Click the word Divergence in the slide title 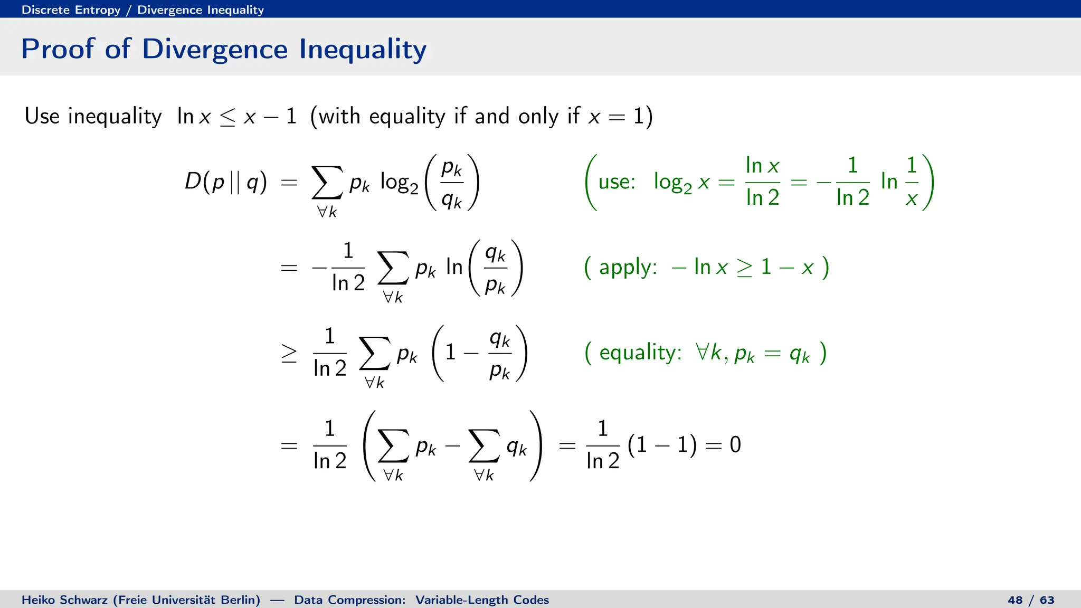(215, 49)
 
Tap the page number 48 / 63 (1031, 600)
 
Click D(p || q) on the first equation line (226, 182)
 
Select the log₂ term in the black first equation (399, 183)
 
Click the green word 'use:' (617, 182)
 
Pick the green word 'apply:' (628, 268)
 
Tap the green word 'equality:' (640, 353)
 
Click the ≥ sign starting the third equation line (289, 353)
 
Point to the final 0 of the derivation (735, 445)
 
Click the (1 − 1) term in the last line (662, 445)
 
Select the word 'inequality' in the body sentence (115, 116)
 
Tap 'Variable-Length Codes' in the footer (482, 600)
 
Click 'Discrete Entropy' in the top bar (71, 9)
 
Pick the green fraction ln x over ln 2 (762, 182)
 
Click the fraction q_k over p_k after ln (495, 269)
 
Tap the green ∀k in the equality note (709, 352)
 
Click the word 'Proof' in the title (58, 49)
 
